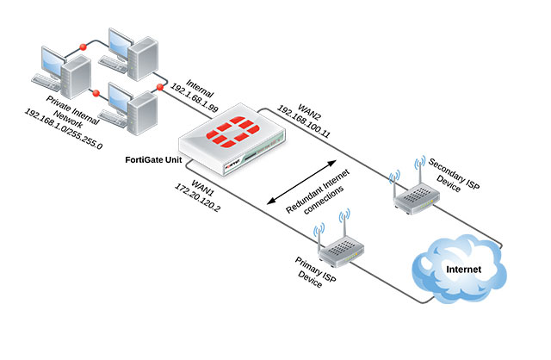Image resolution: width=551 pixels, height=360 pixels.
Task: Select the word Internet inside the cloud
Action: pyautogui.click(x=463, y=272)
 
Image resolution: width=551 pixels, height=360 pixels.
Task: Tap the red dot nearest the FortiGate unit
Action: pyautogui.click(x=160, y=89)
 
